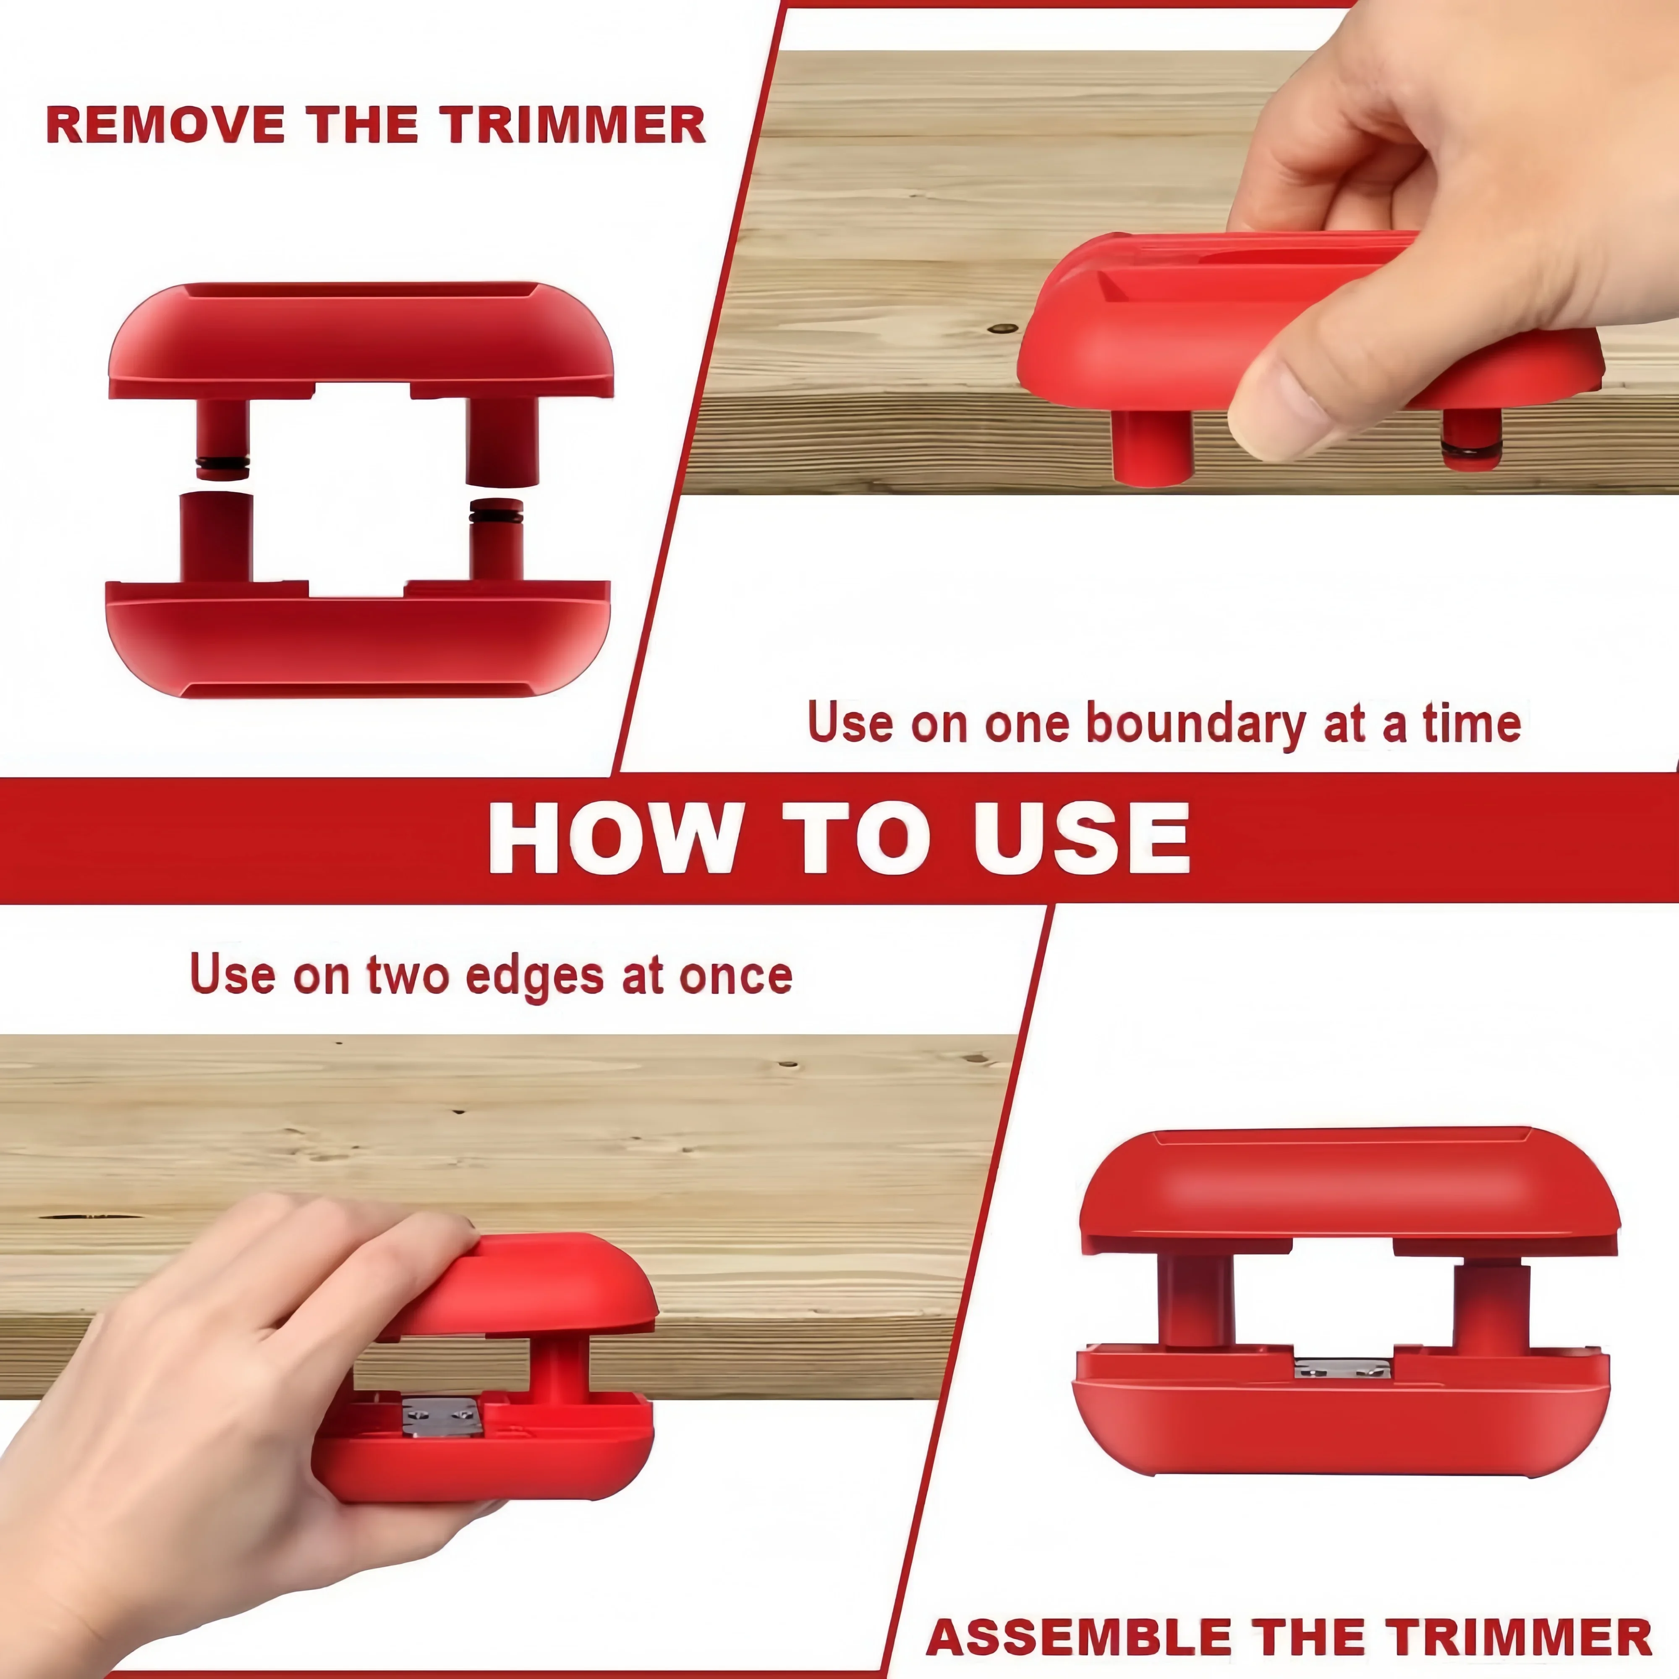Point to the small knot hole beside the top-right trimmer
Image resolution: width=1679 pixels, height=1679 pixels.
click(1005, 330)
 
